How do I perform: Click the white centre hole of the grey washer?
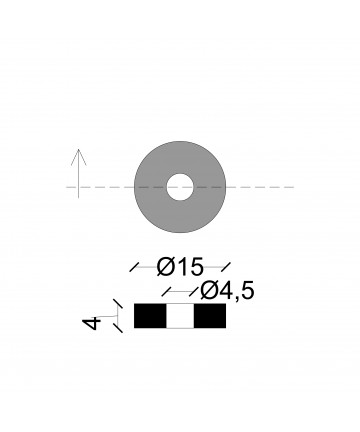pyautogui.click(x=180, y=187)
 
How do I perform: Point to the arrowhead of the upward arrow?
pyautogui.click(x=79, y=157)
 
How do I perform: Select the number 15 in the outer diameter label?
pyautogui.click(x=190, y=267)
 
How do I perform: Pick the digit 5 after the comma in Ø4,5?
pyautogui.click(x=248, y=291)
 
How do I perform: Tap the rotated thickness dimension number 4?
pyautogui.click(x=92, y=324)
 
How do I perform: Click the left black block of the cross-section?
pyautogui.click(x=150, y=316)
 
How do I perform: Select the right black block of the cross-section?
pyautogui.click(x=210, y=316)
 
